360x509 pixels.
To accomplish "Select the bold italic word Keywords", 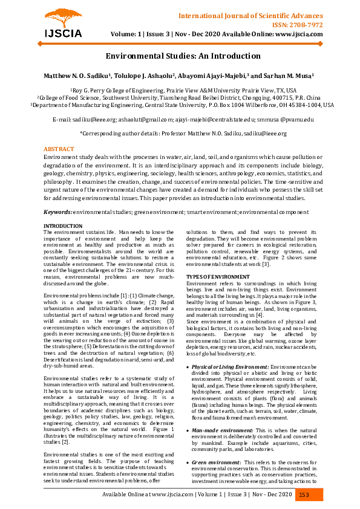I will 57,212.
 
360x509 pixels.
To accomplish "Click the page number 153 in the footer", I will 304,494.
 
